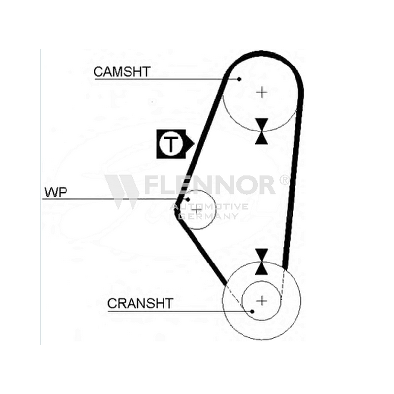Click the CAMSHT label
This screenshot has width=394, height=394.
tap(122, 72)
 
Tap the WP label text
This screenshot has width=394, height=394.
tap(56, 192)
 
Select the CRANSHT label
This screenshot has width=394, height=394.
tap(140, 303)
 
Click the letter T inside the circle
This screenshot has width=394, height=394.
tap(171, 144)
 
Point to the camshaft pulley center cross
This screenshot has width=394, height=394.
tap(262, 92)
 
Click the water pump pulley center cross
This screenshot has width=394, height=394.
tap(197, 210)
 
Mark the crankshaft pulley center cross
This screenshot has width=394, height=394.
tap(262, 301)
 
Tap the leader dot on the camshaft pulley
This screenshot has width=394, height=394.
tap(239, 79)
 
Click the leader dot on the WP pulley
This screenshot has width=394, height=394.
tap(188, 200)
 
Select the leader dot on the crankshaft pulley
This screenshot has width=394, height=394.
tap(252, 312)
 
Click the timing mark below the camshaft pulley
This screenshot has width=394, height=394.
tap(262, 131)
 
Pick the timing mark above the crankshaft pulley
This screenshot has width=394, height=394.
tap(262, 262)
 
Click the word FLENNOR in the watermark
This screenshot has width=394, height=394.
tap(210, 185)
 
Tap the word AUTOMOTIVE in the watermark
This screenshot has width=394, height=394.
tap(209, 207)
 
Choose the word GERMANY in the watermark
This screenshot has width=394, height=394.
tap(209, 216)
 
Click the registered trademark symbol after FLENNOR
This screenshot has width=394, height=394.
tap(284, 180)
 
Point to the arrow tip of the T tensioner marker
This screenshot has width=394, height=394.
tap(194, 144)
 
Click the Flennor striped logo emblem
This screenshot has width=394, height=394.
tap(122, 192)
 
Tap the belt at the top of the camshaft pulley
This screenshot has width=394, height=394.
tap(262, 53)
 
